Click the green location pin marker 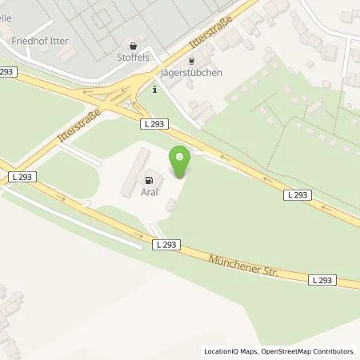180,159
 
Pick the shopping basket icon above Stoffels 132,46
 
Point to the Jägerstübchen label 191,72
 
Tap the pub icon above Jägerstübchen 190,60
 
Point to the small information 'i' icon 154,90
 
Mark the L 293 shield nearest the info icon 154,122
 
